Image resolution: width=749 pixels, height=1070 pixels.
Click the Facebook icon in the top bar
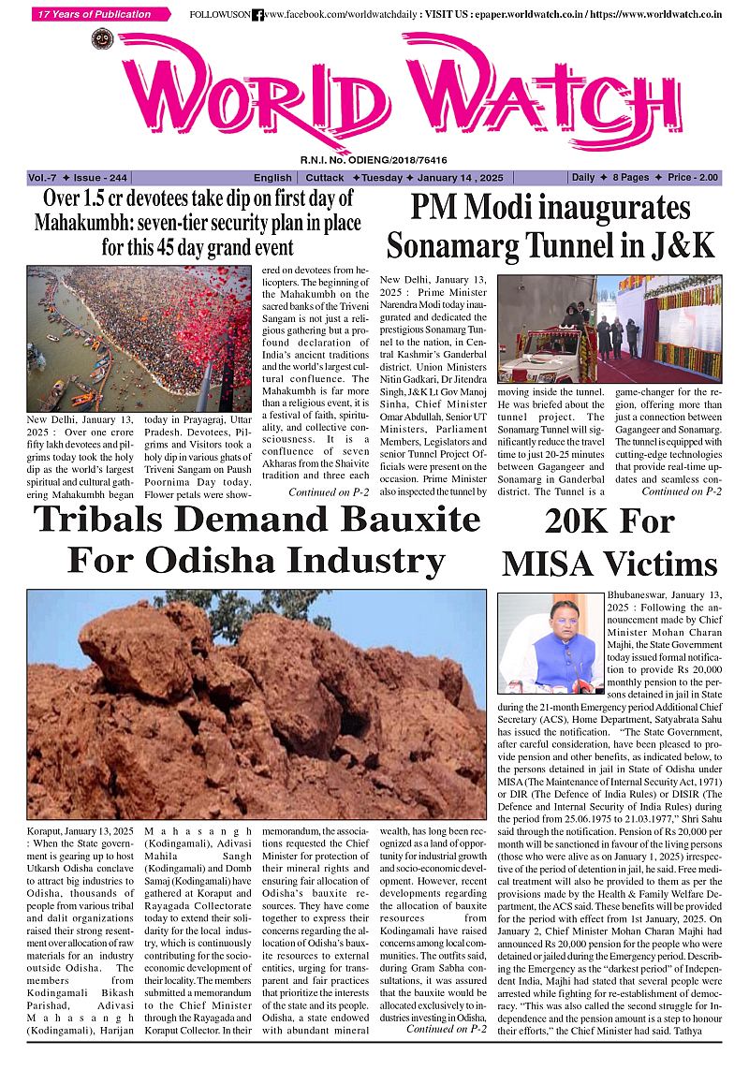tap(258, 15)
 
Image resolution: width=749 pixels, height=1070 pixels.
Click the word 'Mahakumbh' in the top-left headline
tap(81, 224)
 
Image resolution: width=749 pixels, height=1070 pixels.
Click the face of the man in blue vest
tap(563, 617)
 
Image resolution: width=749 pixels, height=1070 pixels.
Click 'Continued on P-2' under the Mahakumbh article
tap(329, 491)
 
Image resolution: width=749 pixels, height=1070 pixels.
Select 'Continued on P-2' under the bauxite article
tap(446, 1029)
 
